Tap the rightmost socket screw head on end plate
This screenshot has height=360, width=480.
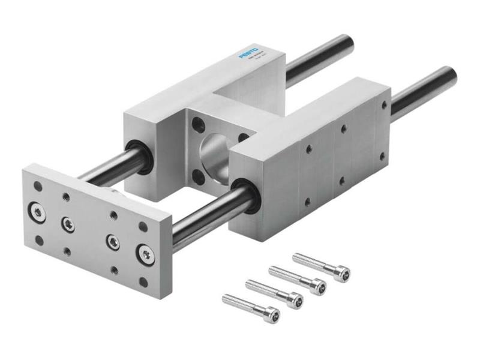click(x=144, y=254)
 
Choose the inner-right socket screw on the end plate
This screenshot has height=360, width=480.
click(x=112, y=241)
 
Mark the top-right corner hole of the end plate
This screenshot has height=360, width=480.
click(x=143, y=227)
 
